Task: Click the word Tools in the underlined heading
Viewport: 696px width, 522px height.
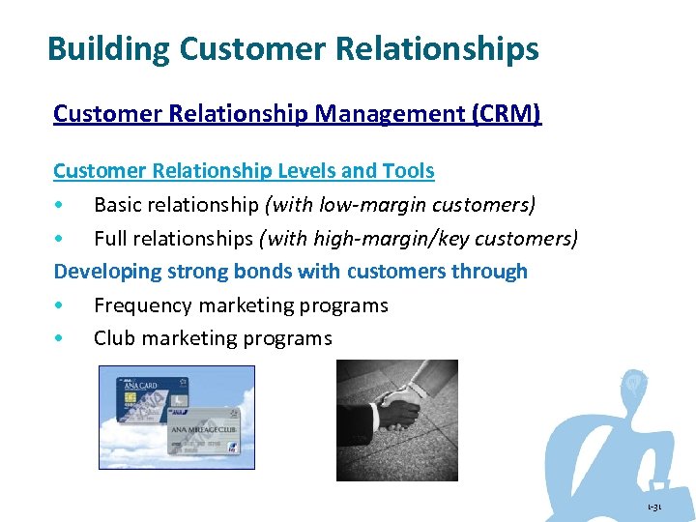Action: coord(408,171)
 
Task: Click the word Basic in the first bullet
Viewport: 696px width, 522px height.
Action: coord(120,205)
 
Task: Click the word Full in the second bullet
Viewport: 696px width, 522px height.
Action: coord(111,238)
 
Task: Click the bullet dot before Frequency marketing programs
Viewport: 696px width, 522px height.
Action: coord(60,305)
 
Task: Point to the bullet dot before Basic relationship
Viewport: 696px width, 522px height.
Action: coord(60,205)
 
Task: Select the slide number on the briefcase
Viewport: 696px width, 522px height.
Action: coord(654,507)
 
